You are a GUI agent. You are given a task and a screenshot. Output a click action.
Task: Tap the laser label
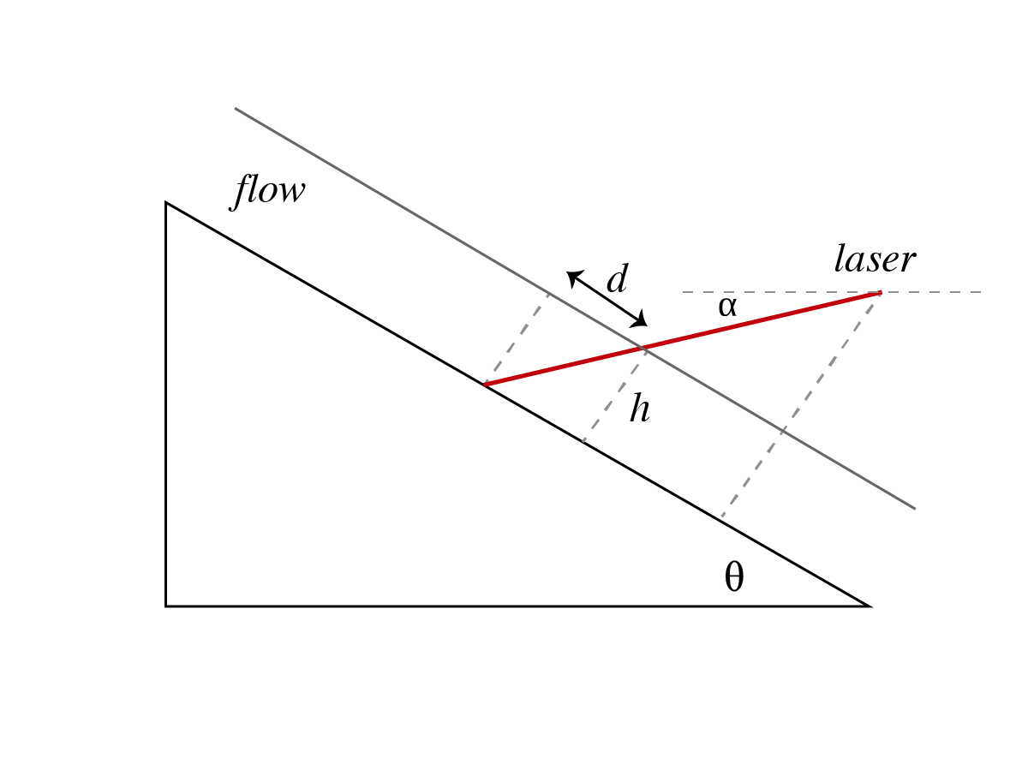pos(875,260)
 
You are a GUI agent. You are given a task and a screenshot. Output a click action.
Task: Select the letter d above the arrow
pos(618,280)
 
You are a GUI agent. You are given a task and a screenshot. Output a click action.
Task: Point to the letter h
pos(639,409)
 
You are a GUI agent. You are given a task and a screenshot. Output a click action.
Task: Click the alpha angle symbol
pos(727,307)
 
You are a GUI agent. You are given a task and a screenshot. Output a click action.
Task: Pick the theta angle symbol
pos(734,579)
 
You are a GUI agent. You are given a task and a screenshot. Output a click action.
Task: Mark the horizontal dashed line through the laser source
pos(934,292)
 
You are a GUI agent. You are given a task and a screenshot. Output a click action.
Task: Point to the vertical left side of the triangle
pos(165,403)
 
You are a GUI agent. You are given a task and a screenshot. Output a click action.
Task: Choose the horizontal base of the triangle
pos(514,606)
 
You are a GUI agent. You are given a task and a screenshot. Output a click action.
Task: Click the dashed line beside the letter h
pos(613,395)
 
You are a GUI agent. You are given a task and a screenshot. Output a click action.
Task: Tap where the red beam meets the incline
pos(484,385)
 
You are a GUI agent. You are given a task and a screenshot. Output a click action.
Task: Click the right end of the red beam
pos(880,293)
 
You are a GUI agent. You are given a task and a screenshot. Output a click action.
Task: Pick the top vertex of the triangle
pos(166,203)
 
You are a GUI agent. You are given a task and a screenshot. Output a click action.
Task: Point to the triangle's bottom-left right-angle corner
pos(166,606)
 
